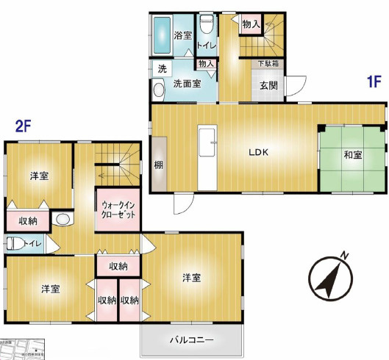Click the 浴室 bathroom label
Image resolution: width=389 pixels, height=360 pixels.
(183, 35)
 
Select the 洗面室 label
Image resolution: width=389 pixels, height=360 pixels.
(188, 84)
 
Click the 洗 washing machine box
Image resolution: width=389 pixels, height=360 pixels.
(161, 68)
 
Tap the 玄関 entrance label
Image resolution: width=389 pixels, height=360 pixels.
(268, 84)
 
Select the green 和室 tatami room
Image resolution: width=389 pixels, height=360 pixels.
(352, 155)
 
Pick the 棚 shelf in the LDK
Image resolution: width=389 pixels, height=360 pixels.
(158, 165)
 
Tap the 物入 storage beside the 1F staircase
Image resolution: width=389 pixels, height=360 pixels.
(251, 24)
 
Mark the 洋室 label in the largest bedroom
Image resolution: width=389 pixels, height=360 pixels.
(193, 277)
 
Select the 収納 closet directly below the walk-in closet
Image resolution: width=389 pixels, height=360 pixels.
(118, 265)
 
